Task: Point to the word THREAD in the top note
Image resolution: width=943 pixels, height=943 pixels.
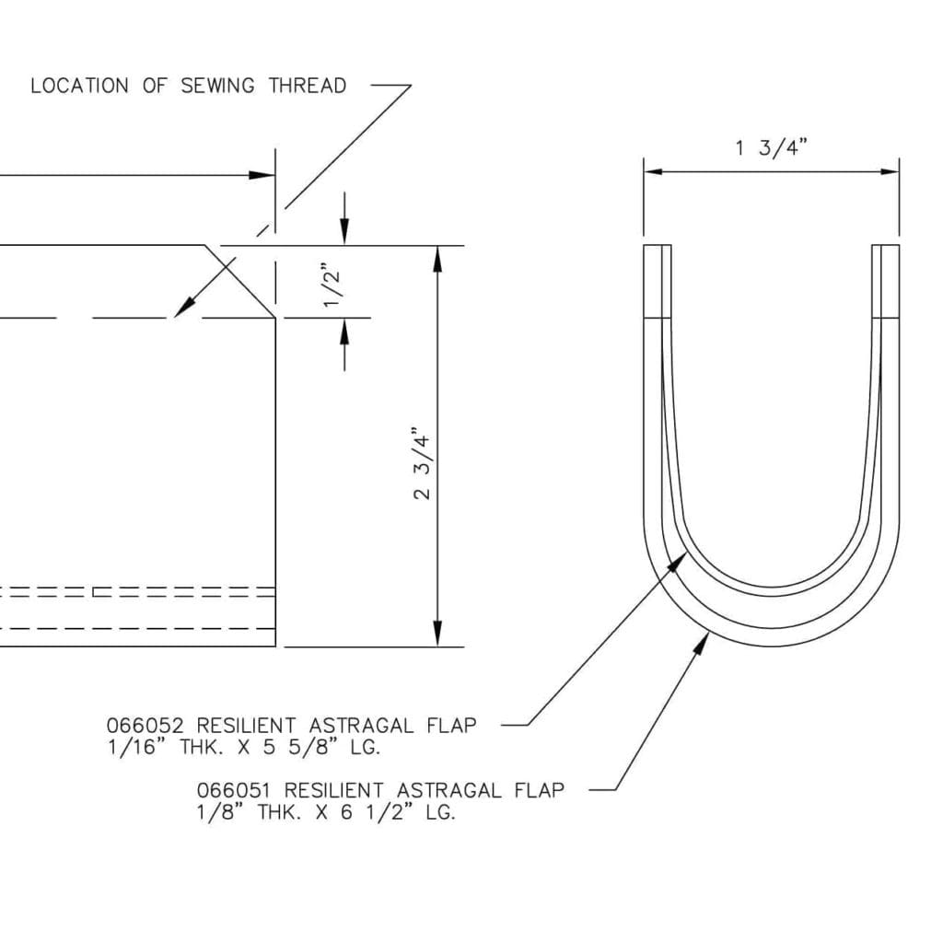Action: point(308,86)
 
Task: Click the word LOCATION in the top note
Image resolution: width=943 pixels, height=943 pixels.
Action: point(79,86)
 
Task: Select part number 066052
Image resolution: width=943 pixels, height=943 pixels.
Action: point(146,726)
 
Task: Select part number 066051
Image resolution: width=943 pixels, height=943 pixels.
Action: point(236,790)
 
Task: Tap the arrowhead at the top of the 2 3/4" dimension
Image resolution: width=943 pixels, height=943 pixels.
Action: point(437,259)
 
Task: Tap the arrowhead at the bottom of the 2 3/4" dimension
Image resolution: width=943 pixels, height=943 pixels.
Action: point(437,634)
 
